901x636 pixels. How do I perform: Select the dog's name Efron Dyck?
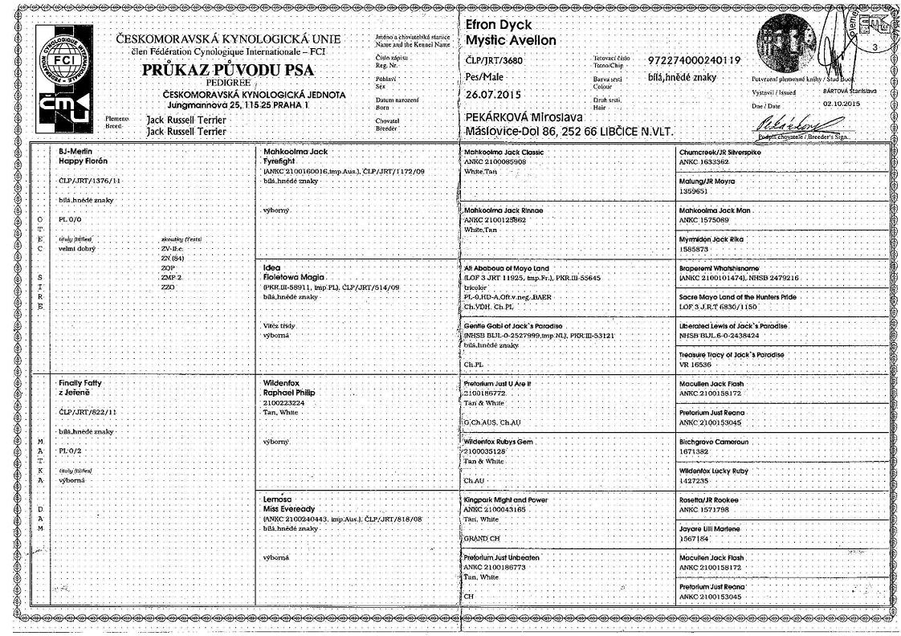click(499, 26)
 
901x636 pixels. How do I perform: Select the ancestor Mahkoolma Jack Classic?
click(504, 151)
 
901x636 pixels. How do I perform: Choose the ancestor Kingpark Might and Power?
click(506, 499)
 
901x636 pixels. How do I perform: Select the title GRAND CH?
click(482, 540)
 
